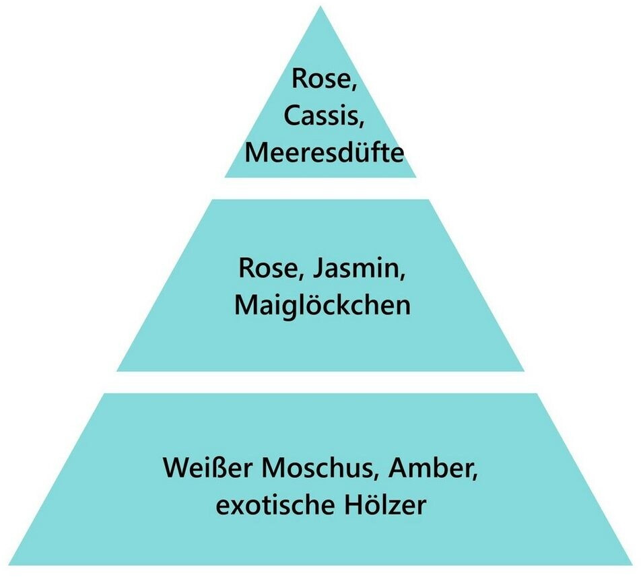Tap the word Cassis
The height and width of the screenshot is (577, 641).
tap(324, 115)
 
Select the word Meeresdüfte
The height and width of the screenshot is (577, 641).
tap(324, 152)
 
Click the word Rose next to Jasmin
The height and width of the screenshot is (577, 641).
tap(264, 269)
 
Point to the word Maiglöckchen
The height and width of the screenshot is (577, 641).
tap(322, 306)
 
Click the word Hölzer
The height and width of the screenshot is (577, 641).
tap(387, 504)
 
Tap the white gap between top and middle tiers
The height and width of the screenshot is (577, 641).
tap(320, 188)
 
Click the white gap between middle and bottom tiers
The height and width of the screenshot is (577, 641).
tap(320, 382)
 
